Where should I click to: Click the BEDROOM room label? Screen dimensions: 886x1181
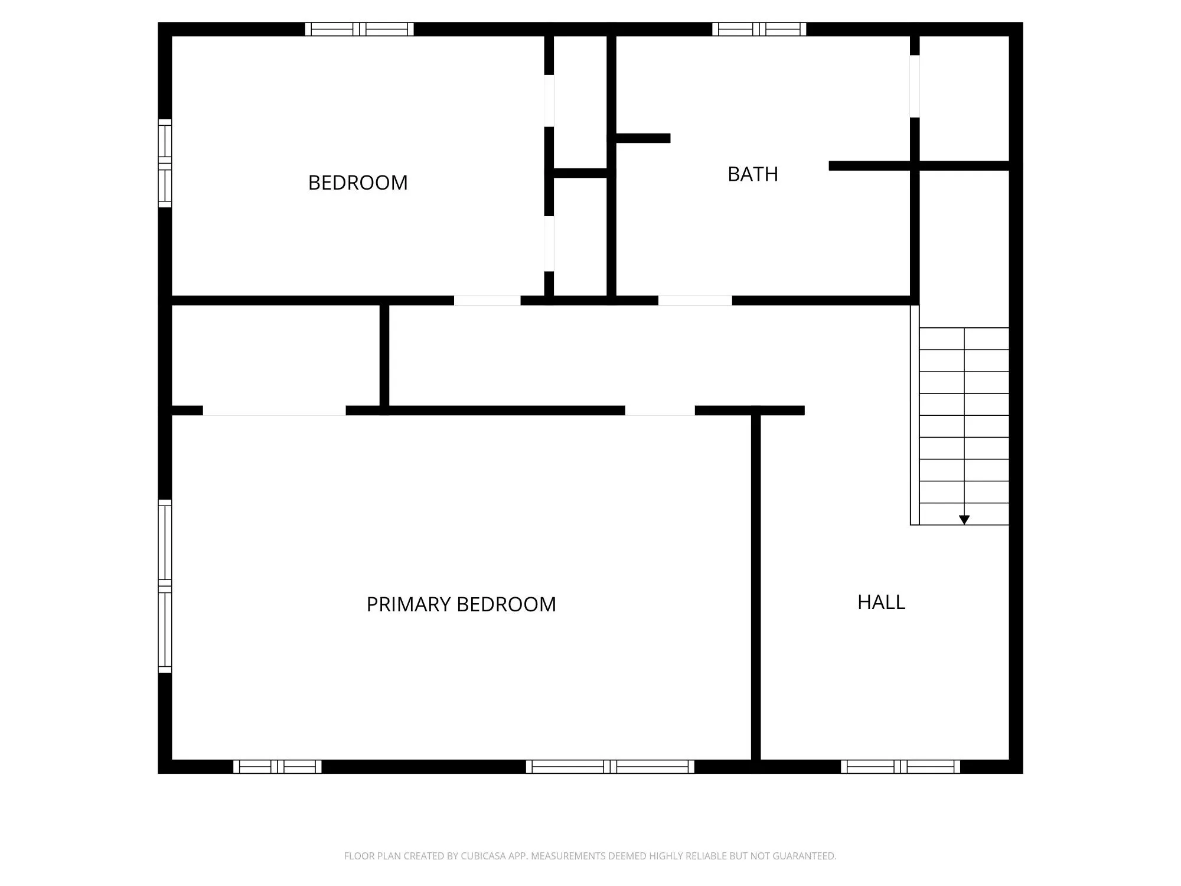pos(358,183)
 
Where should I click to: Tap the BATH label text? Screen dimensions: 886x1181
pos(752,174)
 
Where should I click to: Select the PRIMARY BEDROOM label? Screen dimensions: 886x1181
pos(461,604)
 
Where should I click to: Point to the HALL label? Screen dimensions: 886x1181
pos(881,602)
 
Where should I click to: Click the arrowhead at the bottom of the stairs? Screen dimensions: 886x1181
pos(964,520)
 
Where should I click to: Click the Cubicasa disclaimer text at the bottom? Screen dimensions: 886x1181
pos(590,856)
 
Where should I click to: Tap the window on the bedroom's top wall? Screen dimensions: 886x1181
pos(359,29)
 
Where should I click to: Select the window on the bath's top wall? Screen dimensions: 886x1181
pos(759,29)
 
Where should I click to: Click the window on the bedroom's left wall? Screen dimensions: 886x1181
pos(165,163)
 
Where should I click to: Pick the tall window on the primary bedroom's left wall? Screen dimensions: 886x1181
pos(165,586)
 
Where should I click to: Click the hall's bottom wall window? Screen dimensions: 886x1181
pos(901,767)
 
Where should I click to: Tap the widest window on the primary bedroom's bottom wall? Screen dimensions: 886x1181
pos(610,767)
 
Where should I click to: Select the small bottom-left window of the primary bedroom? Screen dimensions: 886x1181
pos(277,767)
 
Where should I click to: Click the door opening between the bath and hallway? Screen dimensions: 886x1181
pos(695,301)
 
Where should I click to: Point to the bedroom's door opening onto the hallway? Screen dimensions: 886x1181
pos(487,301)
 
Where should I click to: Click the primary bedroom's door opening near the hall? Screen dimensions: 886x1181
pos(660,411)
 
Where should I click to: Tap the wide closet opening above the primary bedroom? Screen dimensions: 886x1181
pos(274,411)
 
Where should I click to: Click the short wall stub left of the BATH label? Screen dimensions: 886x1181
pos(642,138)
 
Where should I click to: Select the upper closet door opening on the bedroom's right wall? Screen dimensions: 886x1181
pos(549,100)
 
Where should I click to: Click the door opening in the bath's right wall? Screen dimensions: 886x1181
pos(915,86)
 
